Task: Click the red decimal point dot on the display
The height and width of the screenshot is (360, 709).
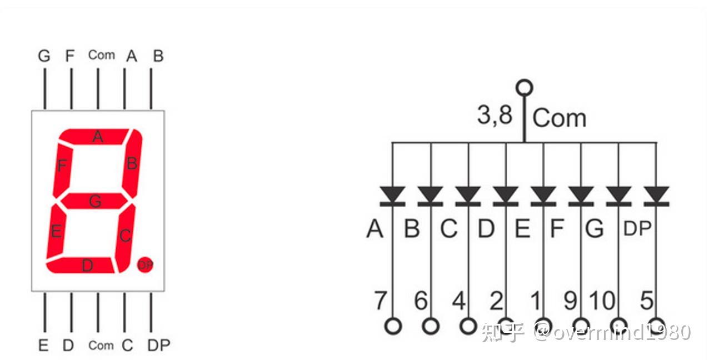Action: coord(144,265)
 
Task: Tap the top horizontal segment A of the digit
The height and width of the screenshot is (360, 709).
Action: coord(98,136)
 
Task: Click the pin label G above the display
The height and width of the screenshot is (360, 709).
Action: coord(44,56)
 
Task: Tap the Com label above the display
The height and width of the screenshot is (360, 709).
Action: coord(101,55)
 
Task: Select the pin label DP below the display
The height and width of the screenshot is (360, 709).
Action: coord(158,345)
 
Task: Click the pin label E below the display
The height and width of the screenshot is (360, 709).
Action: coord(43,345)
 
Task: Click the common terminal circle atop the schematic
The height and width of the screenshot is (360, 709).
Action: coord(524,88)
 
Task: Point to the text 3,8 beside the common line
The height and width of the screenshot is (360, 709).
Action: coord(495,116)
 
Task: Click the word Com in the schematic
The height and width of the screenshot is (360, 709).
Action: coord(559,118)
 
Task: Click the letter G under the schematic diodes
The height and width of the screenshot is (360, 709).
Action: coord(594,228)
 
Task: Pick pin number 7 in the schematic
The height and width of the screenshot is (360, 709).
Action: coord(380,301)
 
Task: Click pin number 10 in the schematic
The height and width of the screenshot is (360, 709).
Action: coord(602,301)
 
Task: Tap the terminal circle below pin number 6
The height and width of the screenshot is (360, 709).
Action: coord(431,326)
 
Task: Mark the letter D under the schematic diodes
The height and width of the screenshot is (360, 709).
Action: coord(486,228)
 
